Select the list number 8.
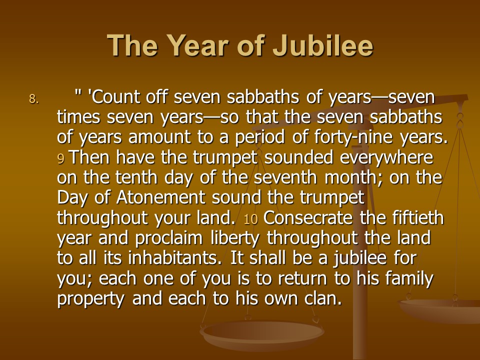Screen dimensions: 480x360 (34, 99)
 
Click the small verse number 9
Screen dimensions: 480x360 (60, 159)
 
